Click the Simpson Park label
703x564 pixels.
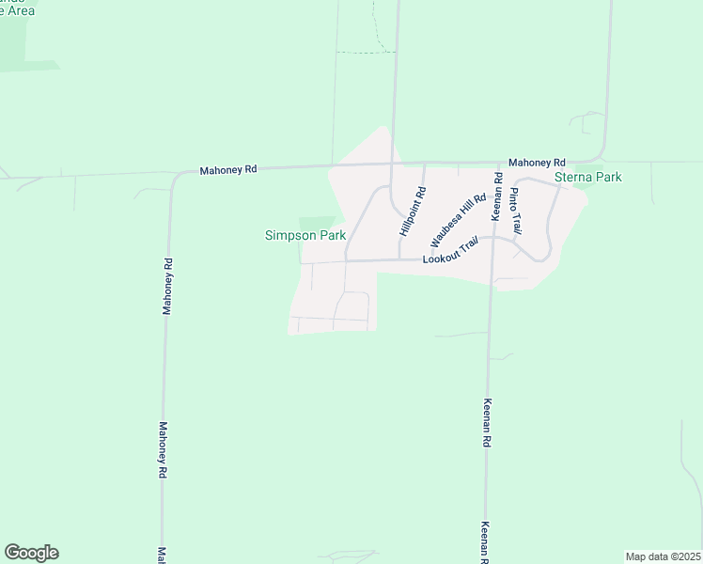tap(305, 235)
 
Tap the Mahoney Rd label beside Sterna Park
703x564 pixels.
tap(537, 162)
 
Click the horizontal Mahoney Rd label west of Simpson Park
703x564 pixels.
tap(227, 170)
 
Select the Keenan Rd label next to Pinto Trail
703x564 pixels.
tap(497, 196)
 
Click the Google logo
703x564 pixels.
tap(31, 553)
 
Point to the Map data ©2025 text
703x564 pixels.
tap(663, 556)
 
